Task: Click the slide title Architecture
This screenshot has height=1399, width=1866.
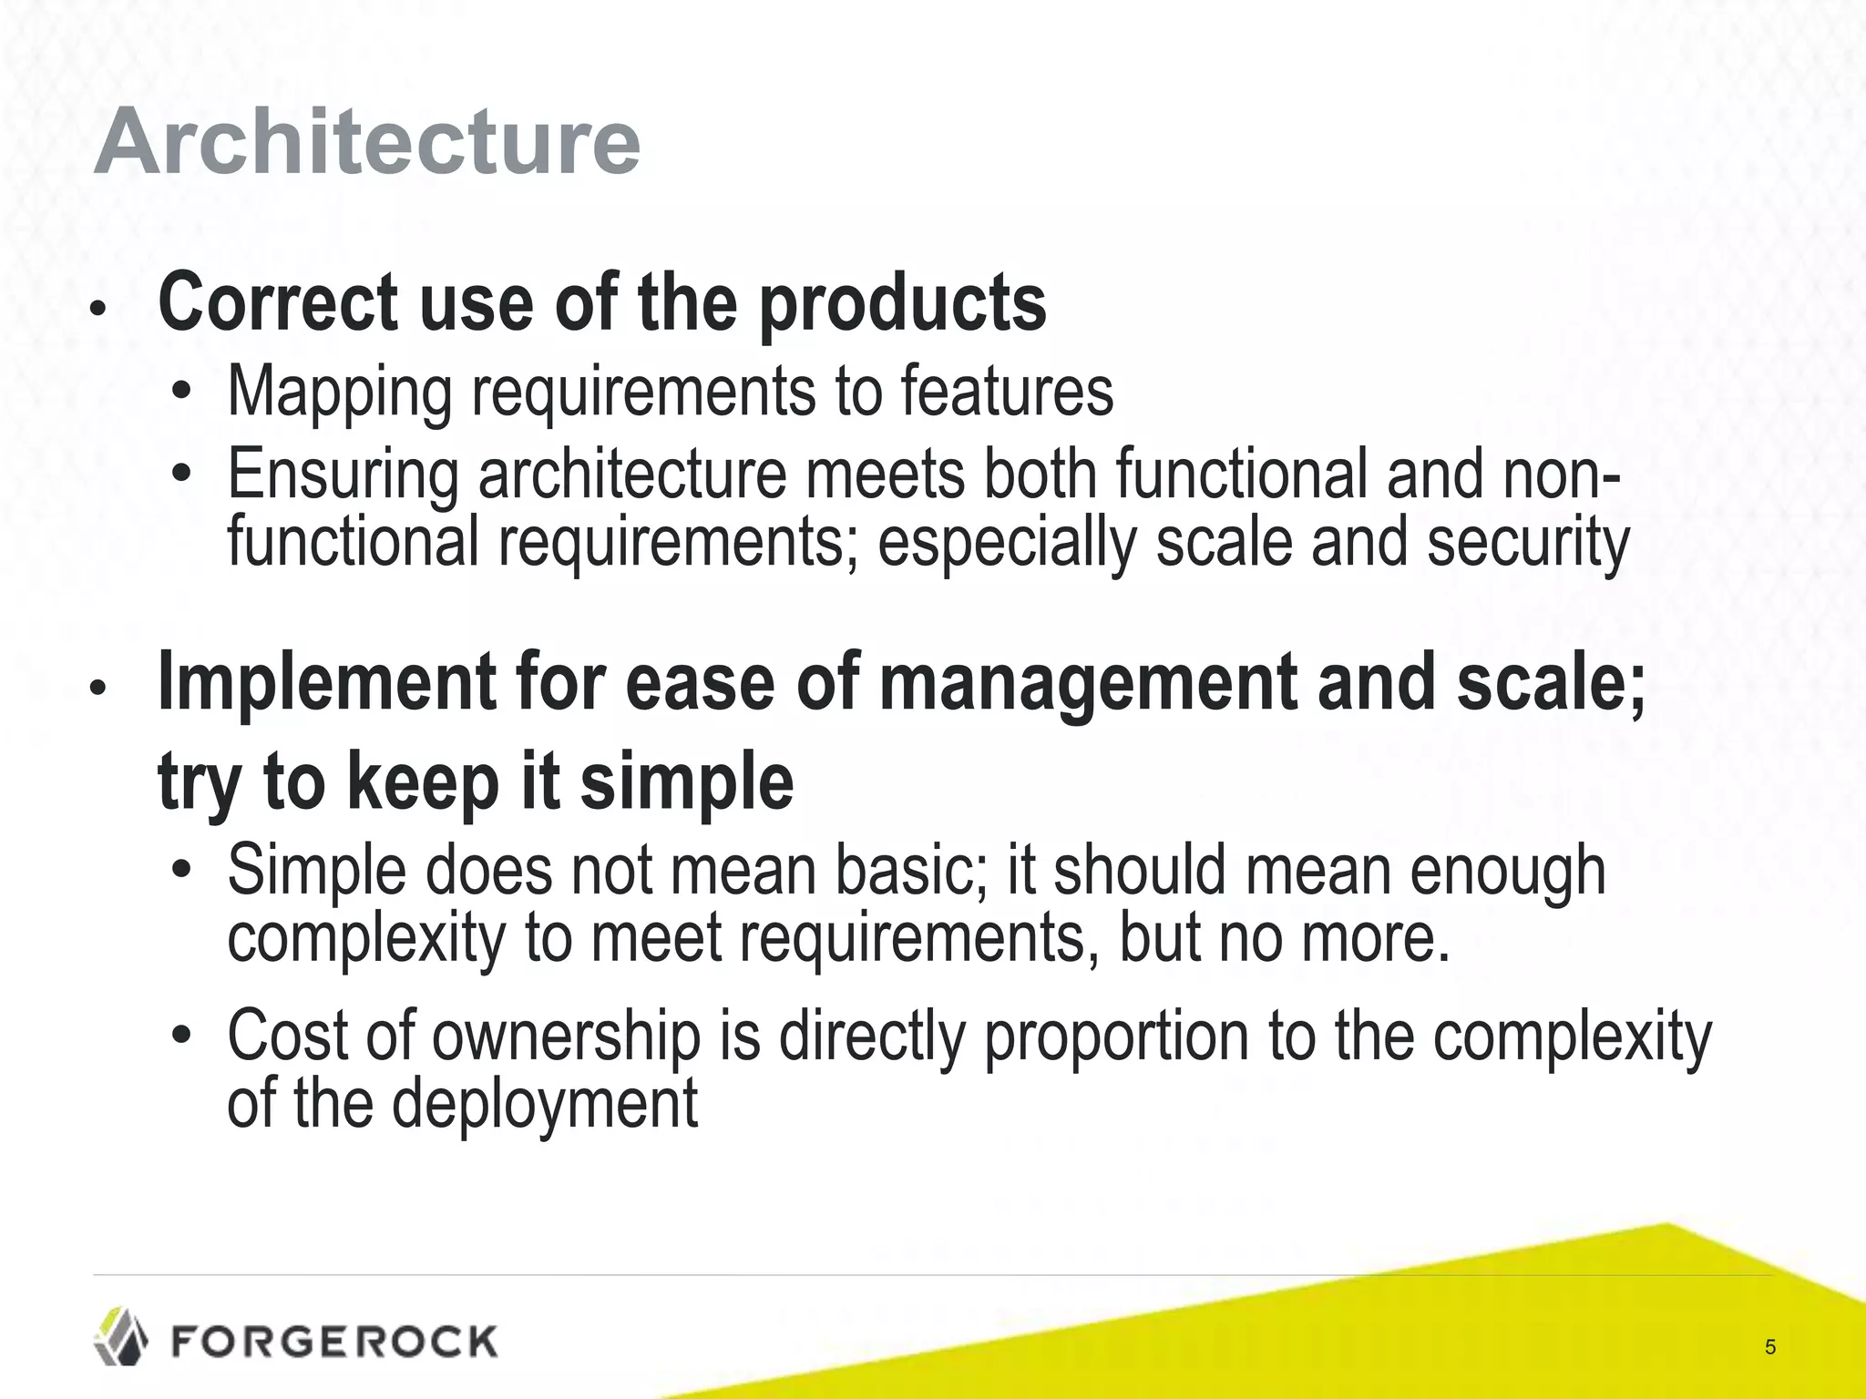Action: coord(366,142)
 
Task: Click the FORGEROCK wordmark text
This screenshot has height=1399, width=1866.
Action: coord(333,1342)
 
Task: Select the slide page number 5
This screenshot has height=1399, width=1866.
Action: coord(1769,1347)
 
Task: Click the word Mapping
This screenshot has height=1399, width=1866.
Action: coord(339,392)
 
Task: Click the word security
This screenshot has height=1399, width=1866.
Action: coord(1527,543)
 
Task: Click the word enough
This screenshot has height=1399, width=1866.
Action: coord(1507,872)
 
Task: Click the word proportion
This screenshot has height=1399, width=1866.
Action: coord(1116,1038)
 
